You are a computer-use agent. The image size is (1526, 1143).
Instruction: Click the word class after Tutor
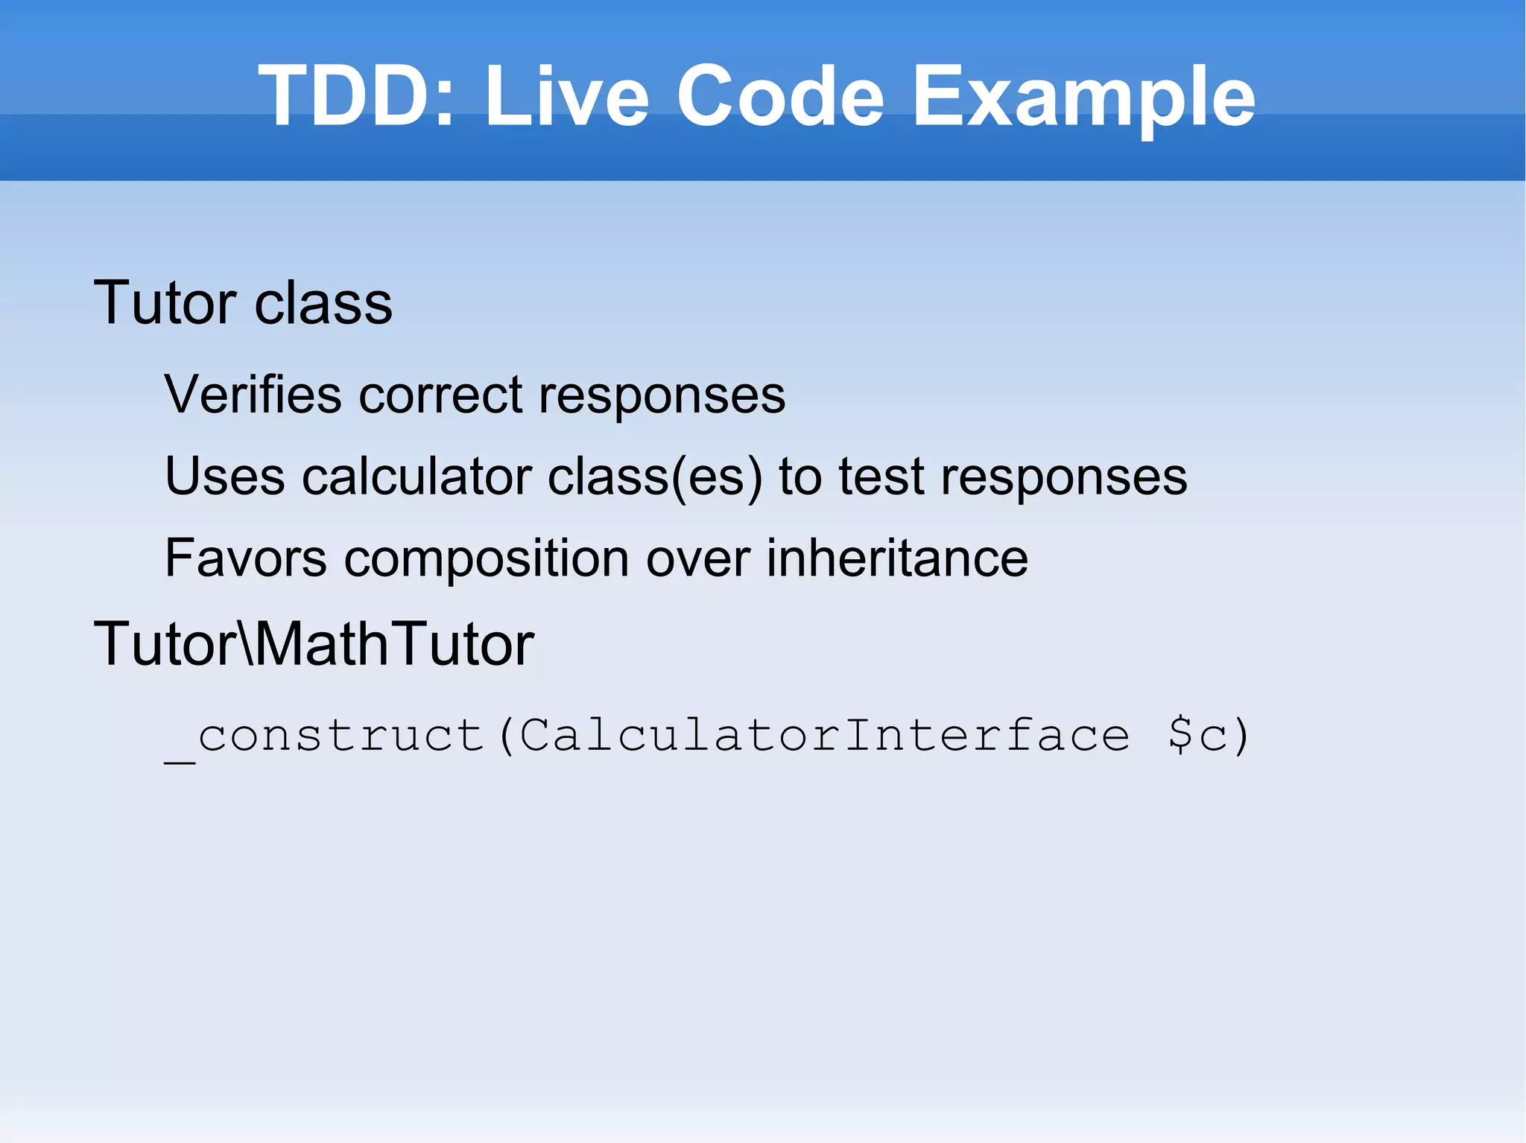[x=323, y=303]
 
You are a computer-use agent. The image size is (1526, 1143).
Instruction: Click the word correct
[x=440, y=394]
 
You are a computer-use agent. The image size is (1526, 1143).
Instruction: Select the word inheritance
[x=897, y=558]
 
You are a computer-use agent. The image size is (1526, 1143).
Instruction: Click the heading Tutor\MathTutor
[x=314, y=643]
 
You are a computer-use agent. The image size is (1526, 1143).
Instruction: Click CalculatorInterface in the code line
[x=824, y=735]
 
